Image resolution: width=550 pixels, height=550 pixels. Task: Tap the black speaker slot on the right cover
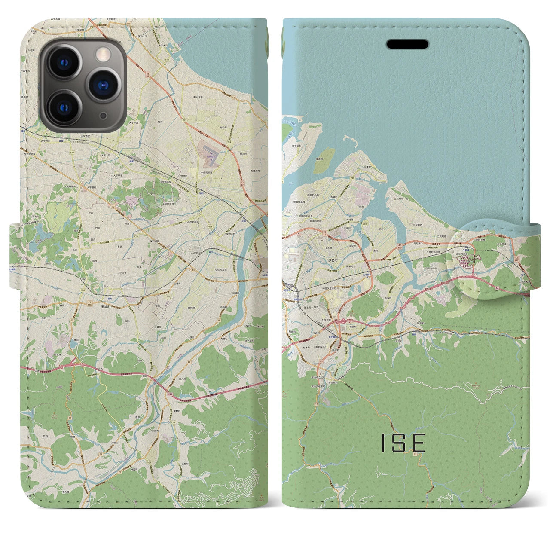click(x=407, y=44)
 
